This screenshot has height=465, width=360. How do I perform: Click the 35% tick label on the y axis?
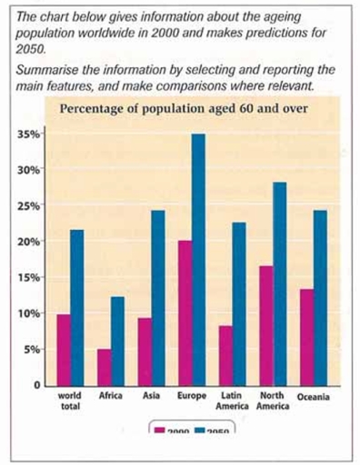31,134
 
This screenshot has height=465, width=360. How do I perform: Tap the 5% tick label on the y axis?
33,350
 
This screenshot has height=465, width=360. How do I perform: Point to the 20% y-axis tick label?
31,242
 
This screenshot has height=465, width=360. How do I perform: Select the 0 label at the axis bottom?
37,385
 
